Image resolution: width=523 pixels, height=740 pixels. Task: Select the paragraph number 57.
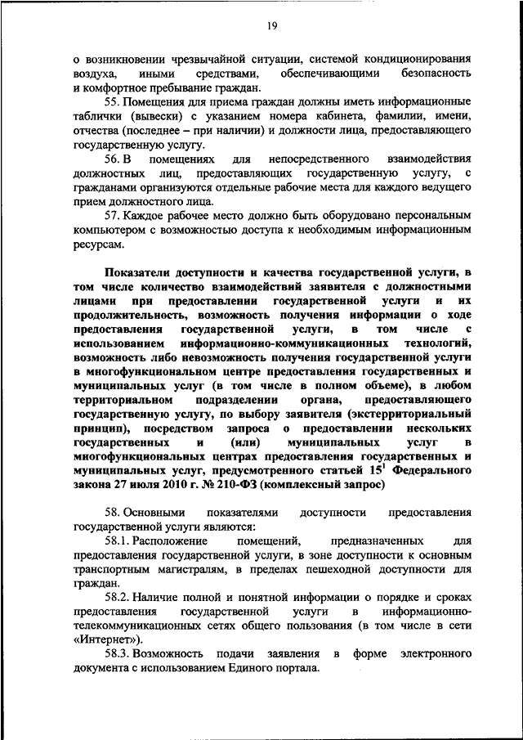(113, 215)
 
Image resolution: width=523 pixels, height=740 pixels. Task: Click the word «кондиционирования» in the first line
(422, 58)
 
